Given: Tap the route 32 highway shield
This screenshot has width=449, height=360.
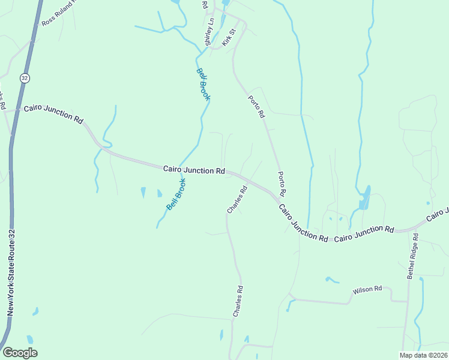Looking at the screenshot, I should click(23, 78).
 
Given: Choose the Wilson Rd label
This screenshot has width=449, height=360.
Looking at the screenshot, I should click(367, 290).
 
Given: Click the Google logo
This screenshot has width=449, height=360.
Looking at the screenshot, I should click(20, 353).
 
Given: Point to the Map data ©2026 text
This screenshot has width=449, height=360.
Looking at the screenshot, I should click(423, 355).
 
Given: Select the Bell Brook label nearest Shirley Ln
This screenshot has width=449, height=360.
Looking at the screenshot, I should click(203, 83).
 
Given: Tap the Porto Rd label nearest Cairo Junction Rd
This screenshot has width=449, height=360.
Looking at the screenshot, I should click(281, 184).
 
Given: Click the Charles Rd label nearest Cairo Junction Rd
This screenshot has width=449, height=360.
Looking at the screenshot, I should click(237, 200).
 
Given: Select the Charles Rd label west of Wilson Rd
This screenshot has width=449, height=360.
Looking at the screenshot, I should click(238, 301).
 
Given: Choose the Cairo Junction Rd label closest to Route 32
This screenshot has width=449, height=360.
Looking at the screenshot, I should click(53, 115).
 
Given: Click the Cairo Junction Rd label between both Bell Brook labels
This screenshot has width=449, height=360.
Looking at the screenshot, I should click(194, 170).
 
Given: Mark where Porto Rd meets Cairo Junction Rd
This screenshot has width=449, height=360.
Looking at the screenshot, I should click(280, 197).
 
